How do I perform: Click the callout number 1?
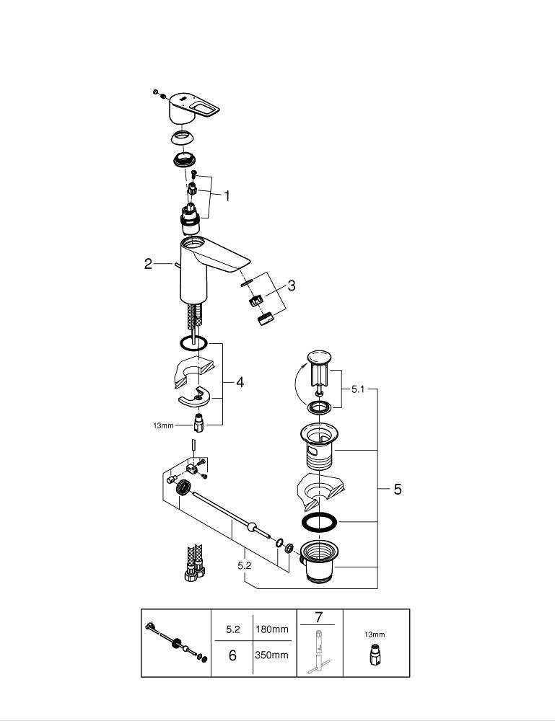[x=227, y=195]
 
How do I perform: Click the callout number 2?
[x=148, y=264]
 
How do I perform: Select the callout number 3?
[x=291, y=286]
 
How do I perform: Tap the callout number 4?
[x=240, y=382]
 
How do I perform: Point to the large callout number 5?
[x=397, y=490]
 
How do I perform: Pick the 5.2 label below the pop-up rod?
[x=244, y=566]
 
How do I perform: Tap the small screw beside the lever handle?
[x=156, y=91]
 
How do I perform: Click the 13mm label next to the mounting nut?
[x=163, y=425]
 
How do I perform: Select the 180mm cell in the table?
[x=271, y=629]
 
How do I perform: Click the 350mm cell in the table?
[x=271, y=655]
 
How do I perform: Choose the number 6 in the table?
[x=232, y=655]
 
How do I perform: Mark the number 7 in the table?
[x=318, y=618]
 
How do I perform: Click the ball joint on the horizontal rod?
[x=252, y=528]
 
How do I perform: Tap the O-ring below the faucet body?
[x=193, y=343]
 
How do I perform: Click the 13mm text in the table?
[x=375, y=634]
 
